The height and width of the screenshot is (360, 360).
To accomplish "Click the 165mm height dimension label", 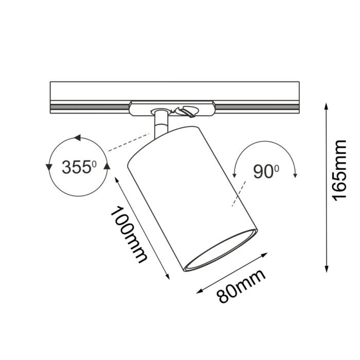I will click(x=341, y=170).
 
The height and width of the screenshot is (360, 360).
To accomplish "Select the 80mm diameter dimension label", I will click(x=241, y=287).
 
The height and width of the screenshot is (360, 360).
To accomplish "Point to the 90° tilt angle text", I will click(x=265, y=172).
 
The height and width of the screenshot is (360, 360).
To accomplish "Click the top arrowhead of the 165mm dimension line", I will click(x=326, y=106).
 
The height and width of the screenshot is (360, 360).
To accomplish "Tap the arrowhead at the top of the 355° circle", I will click(x=77, y=138).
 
